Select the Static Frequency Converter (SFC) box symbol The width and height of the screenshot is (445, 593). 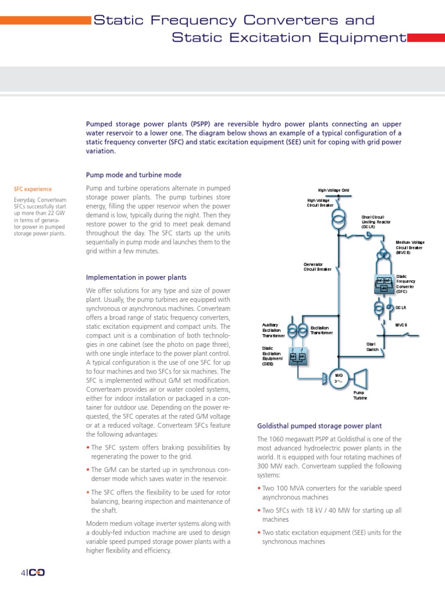[x=384, y=284]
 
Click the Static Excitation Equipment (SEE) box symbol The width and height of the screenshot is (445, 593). [x=297, y=357]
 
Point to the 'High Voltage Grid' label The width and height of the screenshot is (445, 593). [x=333, y=190]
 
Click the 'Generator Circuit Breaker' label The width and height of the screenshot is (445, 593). [x=318, y=266]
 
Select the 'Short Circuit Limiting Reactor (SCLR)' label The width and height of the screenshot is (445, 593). [x=376, y=222]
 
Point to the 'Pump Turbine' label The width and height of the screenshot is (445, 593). [x=360, y=396]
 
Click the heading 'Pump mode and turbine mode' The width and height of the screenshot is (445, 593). [x=134, y=175]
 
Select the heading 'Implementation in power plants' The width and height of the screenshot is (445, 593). [x=136, y=277]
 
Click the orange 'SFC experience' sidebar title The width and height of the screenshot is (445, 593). [x=32, y=189]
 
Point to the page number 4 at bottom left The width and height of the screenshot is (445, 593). [x=23, y=573]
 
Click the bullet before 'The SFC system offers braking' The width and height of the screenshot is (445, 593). [x=88, y=448]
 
